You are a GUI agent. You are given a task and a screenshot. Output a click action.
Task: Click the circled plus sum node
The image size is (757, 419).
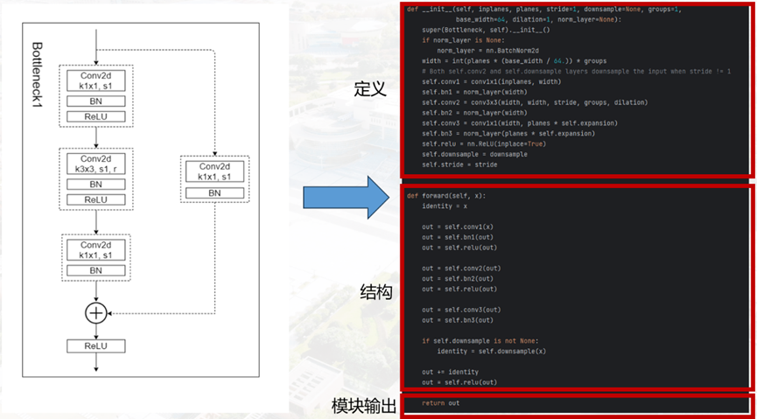click(x=95, y=312)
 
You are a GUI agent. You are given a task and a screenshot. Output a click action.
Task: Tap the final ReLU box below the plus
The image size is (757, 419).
click(x=95, y=346)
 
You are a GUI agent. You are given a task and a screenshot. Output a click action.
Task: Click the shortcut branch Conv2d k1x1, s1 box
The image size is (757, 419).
click(x=214, y=171)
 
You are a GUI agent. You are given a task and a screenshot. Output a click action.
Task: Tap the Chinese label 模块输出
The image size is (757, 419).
click(x=363, y=406)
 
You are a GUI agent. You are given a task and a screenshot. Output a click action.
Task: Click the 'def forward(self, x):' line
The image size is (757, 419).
click(x=445, y=195)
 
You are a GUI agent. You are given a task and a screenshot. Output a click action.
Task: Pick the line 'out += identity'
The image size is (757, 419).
click(x=450, y=372)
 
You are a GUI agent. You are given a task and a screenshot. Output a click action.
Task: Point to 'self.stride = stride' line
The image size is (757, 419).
click(x=459, y=164)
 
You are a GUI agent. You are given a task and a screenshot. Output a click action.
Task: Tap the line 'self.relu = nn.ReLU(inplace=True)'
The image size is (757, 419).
click(x=485, y=143)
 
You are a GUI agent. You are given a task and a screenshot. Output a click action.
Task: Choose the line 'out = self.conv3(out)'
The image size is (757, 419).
click(x=461, y=310)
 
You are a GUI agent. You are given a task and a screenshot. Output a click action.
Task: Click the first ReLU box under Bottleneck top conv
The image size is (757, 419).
click(x=95, y=116)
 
